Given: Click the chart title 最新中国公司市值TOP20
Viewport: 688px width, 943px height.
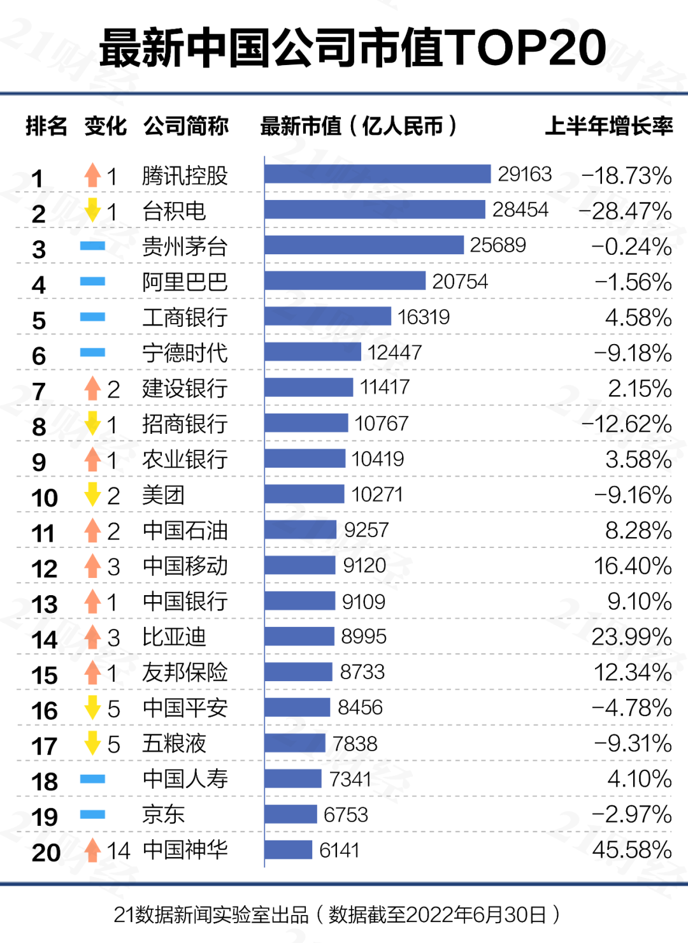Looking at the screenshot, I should (352, 48).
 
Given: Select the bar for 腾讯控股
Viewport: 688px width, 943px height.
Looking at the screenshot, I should (377, 174).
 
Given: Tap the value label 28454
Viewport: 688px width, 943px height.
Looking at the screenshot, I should (520, 210).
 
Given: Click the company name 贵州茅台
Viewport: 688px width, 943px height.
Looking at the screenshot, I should (185, 247).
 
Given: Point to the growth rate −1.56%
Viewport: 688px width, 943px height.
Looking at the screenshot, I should (633, 282).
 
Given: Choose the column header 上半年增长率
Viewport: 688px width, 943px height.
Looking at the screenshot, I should (608, 126).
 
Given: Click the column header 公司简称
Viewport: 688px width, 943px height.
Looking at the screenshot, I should (185, 126).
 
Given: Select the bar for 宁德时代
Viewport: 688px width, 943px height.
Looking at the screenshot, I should (312, 352).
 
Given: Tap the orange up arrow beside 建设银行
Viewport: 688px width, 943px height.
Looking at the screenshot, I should (93, 388).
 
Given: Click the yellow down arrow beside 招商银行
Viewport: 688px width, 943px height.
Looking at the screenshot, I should (93, 423).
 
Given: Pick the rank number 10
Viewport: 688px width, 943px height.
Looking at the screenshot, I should (45, 498).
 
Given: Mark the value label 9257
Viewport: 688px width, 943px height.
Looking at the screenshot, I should (366, 530).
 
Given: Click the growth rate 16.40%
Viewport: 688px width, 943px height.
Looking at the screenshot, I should (632, 566).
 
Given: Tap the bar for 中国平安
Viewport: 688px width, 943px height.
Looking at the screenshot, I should (297, 707).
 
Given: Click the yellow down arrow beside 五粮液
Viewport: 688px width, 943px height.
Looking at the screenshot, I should (93, 743).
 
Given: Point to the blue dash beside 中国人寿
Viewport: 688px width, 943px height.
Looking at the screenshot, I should (93, 779).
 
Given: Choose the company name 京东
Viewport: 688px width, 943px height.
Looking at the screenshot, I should (163, 814).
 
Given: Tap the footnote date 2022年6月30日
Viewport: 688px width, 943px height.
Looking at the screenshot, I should (475, 915).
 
